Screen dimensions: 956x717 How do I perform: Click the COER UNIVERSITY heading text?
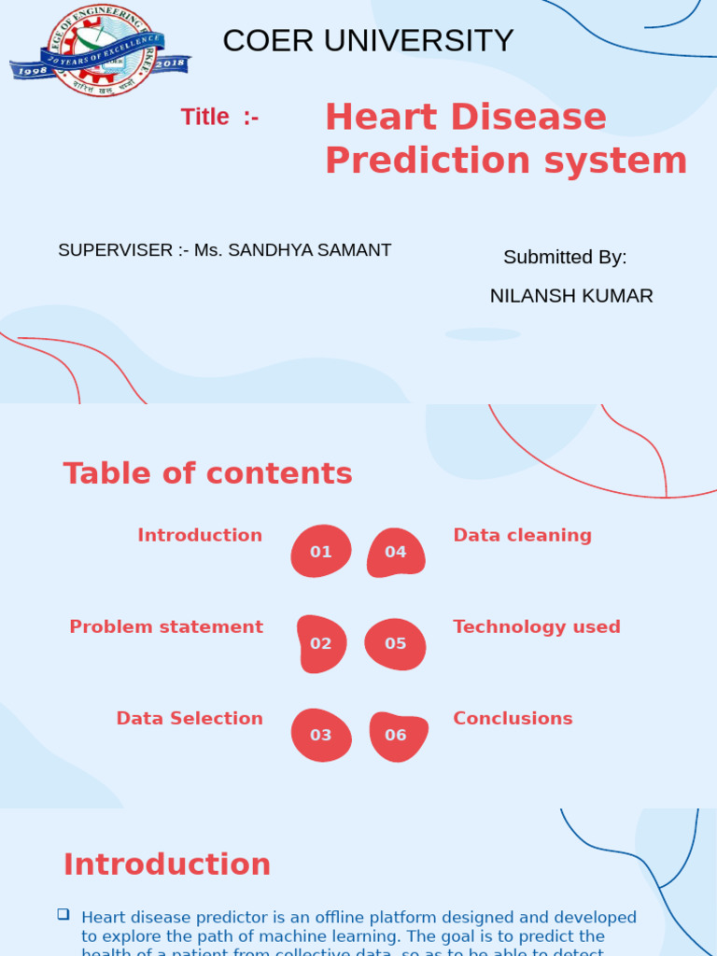coord(368,41)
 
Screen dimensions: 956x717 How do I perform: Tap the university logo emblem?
coord(100,50)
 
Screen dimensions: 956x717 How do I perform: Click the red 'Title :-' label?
coord(219,118)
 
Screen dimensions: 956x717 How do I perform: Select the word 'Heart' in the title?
coord(381,118)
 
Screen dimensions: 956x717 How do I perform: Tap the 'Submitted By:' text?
coord(565,258)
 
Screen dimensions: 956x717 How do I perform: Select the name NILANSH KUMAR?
coord(571,296)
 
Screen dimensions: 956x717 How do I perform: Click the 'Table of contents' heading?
coord(207,473)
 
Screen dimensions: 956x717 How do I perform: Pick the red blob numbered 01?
coord(321,551)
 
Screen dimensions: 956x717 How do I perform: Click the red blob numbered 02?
coord(321,643)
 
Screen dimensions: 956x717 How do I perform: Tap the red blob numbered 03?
coord(321,735)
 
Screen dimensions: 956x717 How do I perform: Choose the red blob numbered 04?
coord(396,552)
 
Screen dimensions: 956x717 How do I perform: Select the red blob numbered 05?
coord(396,643)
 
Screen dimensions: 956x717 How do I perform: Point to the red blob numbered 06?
coord(397,735)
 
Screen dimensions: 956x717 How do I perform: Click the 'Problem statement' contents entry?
coord(166,627)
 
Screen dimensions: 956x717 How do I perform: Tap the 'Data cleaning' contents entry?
coord(522,535)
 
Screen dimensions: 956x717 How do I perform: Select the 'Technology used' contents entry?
coord(537,627)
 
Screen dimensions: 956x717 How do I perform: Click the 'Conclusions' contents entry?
coord(513,719)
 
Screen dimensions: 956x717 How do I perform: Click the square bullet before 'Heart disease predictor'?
coord(63,914)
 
